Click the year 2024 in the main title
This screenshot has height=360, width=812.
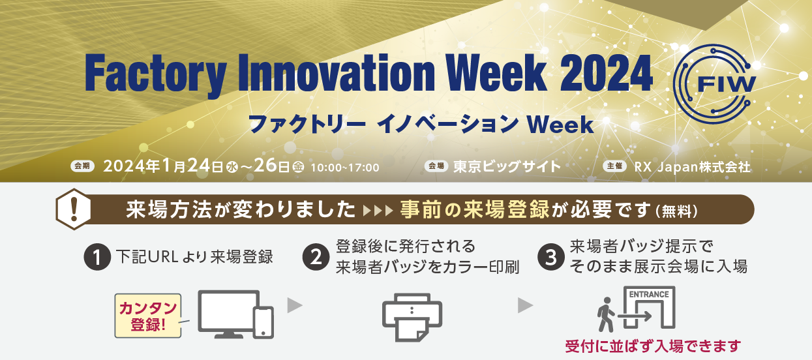click(606, 73)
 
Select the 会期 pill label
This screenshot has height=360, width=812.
click(82, 166)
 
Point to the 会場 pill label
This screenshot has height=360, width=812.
click(436, 166)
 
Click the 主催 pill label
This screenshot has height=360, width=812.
click(614, 166)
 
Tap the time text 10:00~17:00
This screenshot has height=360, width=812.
click(345, 168)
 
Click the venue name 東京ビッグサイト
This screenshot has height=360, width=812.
click(507, 167)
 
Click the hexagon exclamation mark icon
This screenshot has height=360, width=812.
click(74, 209)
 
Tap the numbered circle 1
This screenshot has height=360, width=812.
click(97, 257)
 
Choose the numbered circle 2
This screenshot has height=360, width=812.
click(316, 257)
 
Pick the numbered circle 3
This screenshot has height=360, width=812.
click(551, 257)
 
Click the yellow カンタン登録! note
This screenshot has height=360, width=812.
click(148, 316)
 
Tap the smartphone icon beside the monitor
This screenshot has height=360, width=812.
click(263, 323)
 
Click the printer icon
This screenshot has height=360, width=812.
click(412, 317)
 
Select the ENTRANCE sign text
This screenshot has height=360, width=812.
click(649, 294)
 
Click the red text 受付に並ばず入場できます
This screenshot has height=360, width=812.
click(654, 346)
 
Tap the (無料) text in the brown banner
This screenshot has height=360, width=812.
click(676, 211)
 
